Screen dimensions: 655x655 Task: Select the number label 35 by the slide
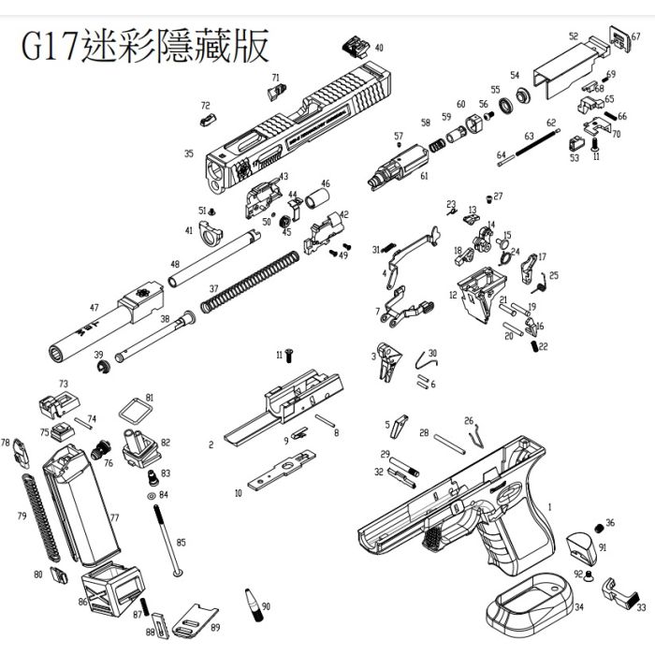pos(189,154)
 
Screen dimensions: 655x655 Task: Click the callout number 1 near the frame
pos(549,506)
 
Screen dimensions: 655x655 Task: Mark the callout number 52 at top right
pos(573,37)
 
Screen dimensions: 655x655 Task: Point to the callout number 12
pos(453,295)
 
